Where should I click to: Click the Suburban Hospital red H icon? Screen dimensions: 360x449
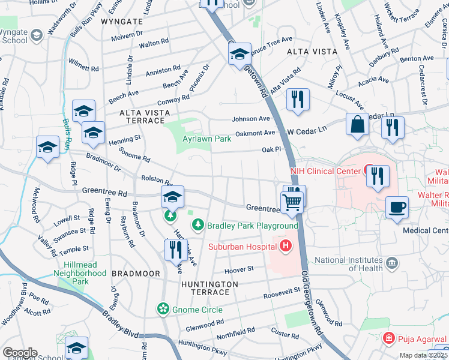coord(285,246)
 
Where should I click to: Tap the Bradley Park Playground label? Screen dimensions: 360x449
coord(252,226)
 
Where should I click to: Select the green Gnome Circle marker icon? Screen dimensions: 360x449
coord(162,309)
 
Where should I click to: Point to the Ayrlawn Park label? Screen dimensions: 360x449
coord(206,139)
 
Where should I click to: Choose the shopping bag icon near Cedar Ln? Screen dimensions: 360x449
coord(357,125)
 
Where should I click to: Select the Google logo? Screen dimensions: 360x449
coord(20,353)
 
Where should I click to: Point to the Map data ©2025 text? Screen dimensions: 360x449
coord(423,355)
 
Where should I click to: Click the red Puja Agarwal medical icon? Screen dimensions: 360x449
coord(390,339)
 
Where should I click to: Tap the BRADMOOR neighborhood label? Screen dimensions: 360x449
coord(136,274)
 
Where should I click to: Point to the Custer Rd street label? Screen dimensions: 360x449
coord(284,334)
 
